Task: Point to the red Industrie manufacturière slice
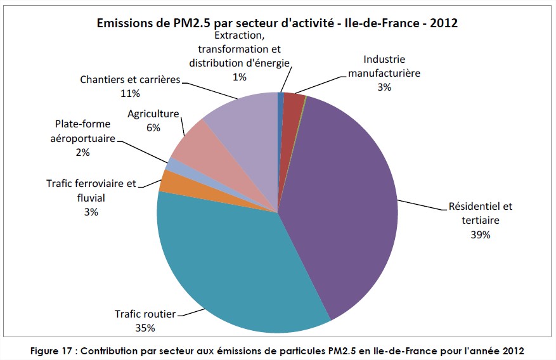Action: tap(292, 103)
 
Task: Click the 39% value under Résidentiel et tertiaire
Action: tap(480, 235)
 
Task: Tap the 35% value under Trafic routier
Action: tap(145, 328)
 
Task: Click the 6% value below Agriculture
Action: tap(153, 127)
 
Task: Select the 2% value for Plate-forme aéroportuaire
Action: tap(82, 152)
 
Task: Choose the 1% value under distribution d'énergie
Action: tap(239, 77)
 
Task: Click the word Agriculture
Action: tap(153, 115)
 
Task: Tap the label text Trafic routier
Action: tap(145, 314)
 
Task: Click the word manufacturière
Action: tap(384, 73)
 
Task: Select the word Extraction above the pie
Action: tap(238, 35)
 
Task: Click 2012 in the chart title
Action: tap(443, 23)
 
